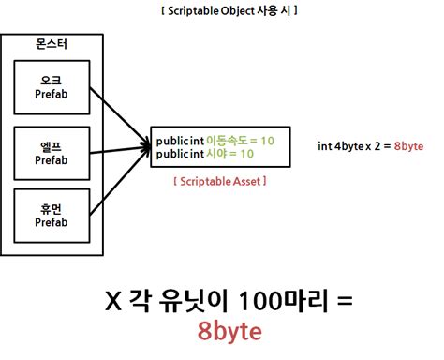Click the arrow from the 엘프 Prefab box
point(117,148)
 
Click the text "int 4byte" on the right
point(340,146)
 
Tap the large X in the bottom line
point(114,301)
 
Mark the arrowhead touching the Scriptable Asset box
point(146,146)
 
